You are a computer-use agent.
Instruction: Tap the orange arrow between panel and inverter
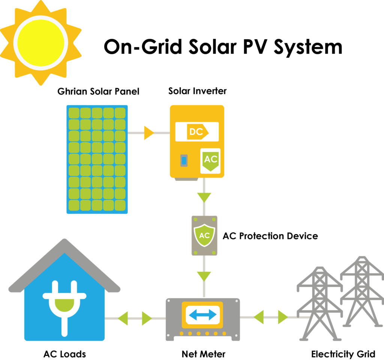(148, 133)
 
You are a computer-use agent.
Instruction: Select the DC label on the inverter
(197, 132)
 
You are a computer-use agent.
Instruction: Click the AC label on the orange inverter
(210, 160)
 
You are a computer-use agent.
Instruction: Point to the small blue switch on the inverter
(184, 160)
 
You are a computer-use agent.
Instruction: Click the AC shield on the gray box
(204, 235)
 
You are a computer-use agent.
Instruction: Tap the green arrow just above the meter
(204, 276)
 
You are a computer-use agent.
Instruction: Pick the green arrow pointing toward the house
(123, 318)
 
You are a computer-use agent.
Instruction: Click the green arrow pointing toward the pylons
(282, 317)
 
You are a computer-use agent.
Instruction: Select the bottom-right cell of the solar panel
(120, 205)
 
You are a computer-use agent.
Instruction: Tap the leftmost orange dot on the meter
(182, 333)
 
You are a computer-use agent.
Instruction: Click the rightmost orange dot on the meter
(224, 333)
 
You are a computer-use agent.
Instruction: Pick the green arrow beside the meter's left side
(147, 318)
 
